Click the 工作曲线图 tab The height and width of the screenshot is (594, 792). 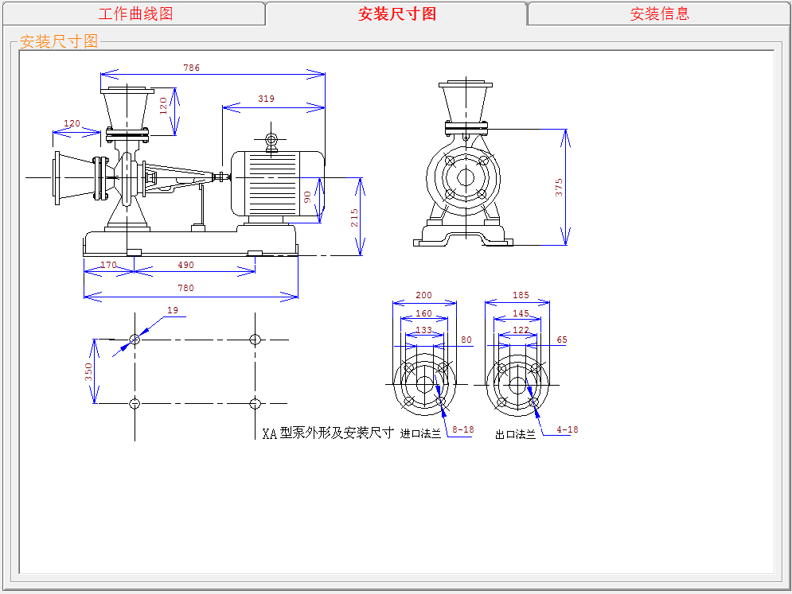point(135,14)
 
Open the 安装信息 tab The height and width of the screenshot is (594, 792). point(660,14)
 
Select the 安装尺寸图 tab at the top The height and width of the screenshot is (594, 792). point(397,14)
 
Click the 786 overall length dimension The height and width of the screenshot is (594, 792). point(192,68)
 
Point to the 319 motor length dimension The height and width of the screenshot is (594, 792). point(266,99)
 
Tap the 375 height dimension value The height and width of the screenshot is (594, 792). point(559,187)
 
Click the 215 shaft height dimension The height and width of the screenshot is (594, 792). point(354,218)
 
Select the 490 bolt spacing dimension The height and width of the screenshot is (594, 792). point(186,265)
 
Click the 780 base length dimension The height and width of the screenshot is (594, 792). point(186,288)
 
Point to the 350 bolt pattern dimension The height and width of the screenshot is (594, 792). point(88,371)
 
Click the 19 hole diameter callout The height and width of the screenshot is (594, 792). point(173,310)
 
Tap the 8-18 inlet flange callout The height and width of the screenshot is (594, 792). point(463,429)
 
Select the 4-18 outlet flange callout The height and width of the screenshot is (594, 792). point(568,429)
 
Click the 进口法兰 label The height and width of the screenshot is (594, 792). point(420,433)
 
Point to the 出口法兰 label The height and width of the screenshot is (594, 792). point(515,434)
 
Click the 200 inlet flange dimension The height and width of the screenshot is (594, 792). point(423,295)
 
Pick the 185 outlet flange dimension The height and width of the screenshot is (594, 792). point(521,295)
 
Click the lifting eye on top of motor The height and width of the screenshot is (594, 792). point(271,140)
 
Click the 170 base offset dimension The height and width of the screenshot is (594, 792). point(108,265)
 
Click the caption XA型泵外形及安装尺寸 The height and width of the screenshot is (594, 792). point(327,433)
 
